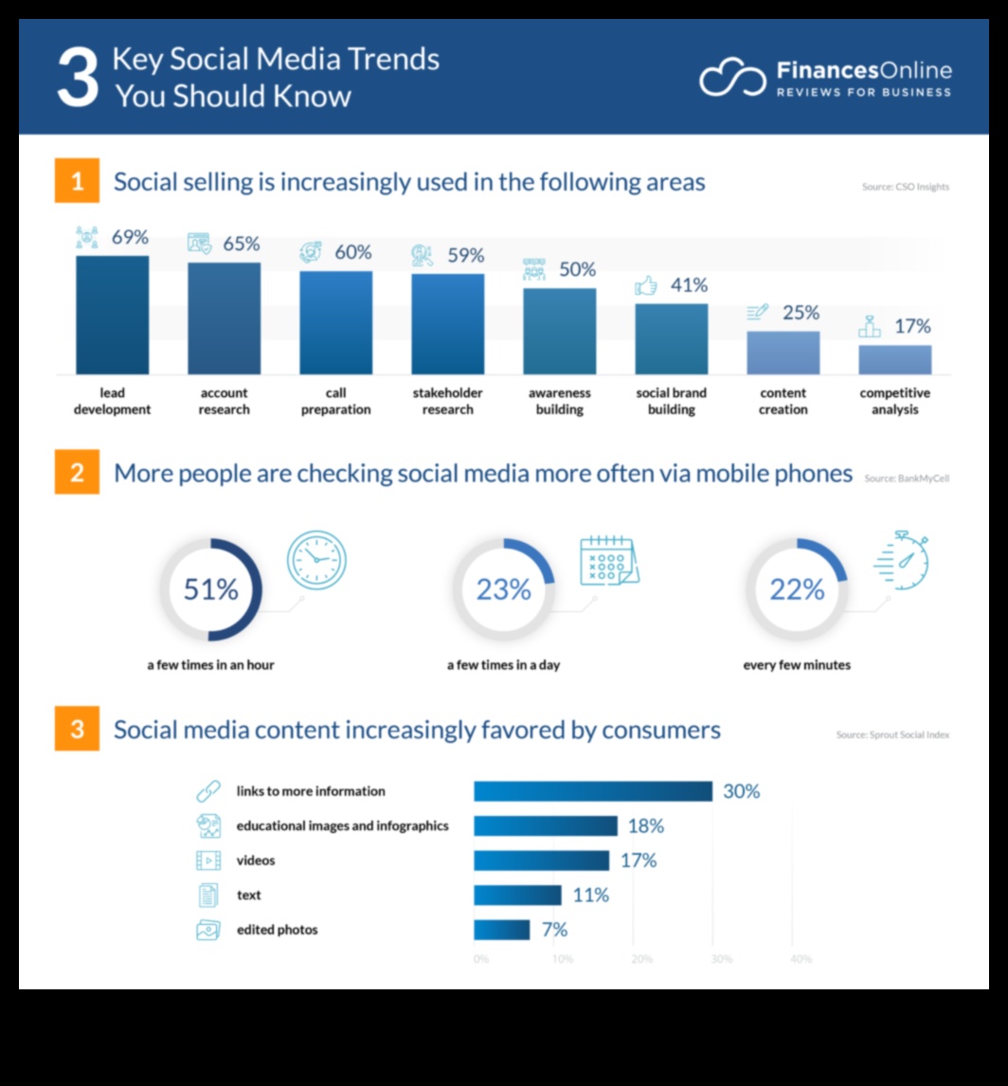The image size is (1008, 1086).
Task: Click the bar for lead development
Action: click(x=112, y=315)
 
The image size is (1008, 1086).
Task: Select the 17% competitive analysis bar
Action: click(x=894, y=359)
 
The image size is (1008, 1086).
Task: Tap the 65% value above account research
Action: click(x=241, y=244)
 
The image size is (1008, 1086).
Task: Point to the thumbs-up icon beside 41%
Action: click(x=646, y=285)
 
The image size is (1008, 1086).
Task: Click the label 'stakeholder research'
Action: click(x=447, y=401)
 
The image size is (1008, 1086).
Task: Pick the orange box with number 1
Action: click(x=77, y=182)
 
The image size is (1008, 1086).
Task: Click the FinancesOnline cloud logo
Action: click(x=732, y=78)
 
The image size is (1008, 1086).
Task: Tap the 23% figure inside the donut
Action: click(x=503, y=589)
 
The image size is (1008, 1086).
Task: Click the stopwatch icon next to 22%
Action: click(x=902, y=561)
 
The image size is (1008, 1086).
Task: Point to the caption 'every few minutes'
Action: click(x=797, y=665)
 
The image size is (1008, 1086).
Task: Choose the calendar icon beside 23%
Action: click(x=609, y=561)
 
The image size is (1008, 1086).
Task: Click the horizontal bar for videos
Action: click(x=541, y=860)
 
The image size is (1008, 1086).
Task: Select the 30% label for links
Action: click(x=741, y=791)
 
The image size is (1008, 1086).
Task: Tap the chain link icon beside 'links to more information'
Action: click(x=207, y=791)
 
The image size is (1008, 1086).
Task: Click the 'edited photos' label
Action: click(x=277, y=930)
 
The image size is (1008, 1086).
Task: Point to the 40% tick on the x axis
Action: click(x=801, y=959)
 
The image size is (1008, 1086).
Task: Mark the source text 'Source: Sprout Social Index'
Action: click(x=892, y=734)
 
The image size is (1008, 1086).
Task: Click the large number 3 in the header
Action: click(x=77, y=78)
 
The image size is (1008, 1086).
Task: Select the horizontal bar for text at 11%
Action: click(x=517, y=895)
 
